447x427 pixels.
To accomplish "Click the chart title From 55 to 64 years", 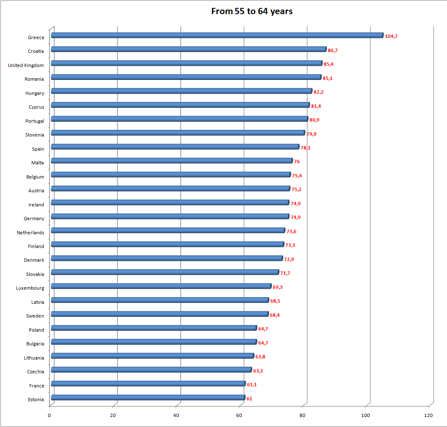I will point(252,11).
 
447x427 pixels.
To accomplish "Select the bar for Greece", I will point(217,35).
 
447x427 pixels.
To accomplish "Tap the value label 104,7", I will point(391,36).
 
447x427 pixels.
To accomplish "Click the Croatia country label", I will point(36,51).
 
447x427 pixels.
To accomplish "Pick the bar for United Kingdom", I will point(186,63).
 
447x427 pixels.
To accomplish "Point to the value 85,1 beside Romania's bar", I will point(328,78).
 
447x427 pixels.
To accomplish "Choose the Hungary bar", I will point(181,91).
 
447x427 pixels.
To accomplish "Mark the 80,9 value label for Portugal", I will point(314,120).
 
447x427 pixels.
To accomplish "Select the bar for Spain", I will point(175,146).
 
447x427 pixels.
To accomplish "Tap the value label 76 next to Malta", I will point(297,161).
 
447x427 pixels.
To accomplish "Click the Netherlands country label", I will point(30,233).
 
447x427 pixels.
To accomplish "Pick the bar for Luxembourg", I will point(161,286).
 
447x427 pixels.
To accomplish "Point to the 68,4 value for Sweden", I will point(275,315).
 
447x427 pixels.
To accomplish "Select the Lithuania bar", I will point(152,356).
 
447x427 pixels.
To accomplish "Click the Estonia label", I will point(36,400).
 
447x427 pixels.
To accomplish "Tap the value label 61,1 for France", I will point(252,385).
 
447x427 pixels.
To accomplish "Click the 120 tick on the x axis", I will point(428,415).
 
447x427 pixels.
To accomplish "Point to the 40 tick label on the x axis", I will point(176,415).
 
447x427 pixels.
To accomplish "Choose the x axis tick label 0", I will point(50,415).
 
